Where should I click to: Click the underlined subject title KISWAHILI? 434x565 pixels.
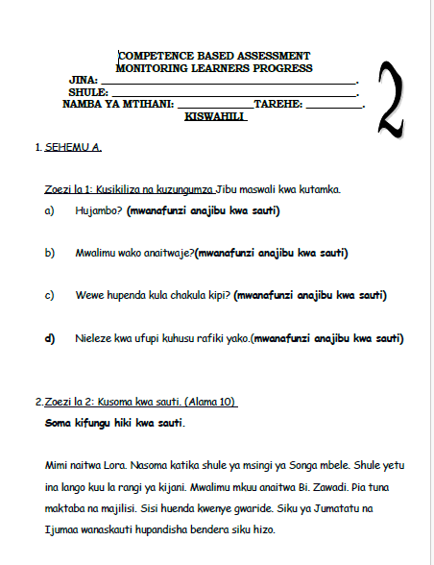(x=215, y=116)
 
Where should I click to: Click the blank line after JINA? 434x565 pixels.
(x=229, y=84)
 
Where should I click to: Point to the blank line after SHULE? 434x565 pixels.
(x=234, y=96)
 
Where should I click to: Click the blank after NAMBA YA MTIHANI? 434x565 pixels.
(x=216, y=108)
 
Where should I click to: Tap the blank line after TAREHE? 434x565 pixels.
(x=334, y=108)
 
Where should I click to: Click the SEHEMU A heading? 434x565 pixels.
(x=73, y=147)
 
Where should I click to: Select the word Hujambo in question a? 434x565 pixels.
(x=99, y=210)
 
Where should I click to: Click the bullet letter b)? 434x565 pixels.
(x=50, y=253)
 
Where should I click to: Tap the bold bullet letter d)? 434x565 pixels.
(x=50, y=338)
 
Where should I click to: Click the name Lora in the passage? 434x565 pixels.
(x=115, y=465)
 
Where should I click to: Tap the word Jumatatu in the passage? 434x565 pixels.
(x=336, y=508)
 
